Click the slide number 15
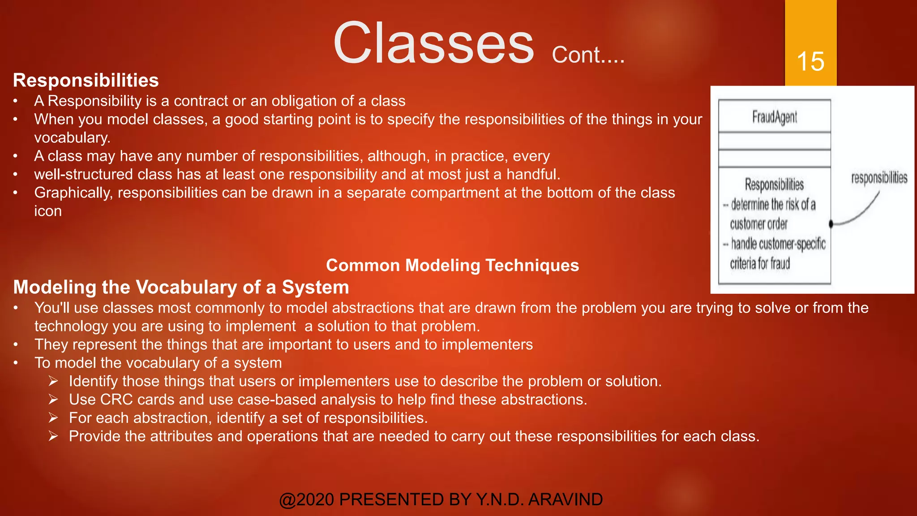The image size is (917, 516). pyautogui.click(x=810, y=61)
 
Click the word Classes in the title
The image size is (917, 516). pyautogui.click(x=433, y=43)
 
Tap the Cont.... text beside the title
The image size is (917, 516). pyautogui.click(x=588, y=56)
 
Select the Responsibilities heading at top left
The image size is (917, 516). pyautogui.click(x=86, y=81)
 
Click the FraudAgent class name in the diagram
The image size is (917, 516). pyautogui.click(x=774, y=117)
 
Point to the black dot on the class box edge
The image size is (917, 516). pyautogui.click(x=831, y=224)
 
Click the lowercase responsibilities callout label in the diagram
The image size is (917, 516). pyautogui.click(x=879, y=178)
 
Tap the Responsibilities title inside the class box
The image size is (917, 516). pyautogui.click(x=774, y=185)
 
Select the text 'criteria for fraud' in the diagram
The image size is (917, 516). pyautogui.click(x=760, y=263)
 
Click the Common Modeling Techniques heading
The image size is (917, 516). pyautogui.click(x=452, y=265)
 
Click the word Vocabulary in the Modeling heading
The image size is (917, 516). pyautogui.click(x=186, y=287)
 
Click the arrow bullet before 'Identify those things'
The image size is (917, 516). pyautogui.click(x=53, y=381)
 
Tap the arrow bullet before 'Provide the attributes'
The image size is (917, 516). pyautogui.click(x=53, y=436)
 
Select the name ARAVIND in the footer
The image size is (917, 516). pyautogui.click(x=566, y=499)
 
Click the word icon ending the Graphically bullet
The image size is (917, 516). pyautogui.click(x=48, y=211)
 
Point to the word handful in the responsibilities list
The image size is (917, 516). pyautogui.click(x=533, y=174)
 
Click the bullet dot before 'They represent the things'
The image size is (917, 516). pyautogui.click(x=16, y=345)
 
